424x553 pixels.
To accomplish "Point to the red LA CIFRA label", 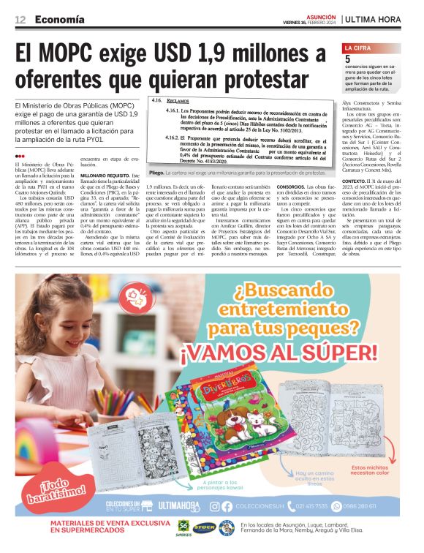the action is (359, 48).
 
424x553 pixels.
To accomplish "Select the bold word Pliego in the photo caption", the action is (156, 173).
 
